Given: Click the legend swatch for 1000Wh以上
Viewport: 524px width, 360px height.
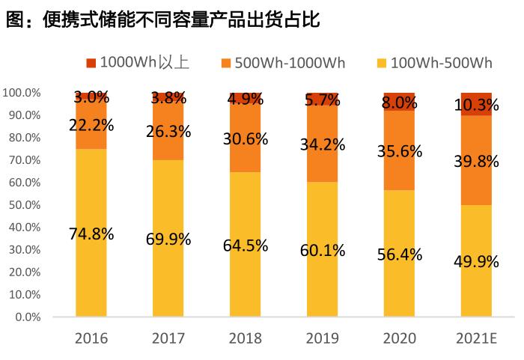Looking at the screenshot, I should tap(91, 62).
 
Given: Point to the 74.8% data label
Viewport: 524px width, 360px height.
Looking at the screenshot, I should tap(91, 234).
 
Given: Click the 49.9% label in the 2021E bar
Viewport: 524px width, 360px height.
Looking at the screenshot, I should tap(476, 260).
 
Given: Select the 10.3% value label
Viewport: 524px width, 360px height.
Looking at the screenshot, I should tap(476, 106).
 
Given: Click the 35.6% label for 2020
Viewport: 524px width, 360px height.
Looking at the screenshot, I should tap(399, 151).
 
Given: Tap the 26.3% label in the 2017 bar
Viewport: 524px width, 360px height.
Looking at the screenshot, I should tap(168, 132).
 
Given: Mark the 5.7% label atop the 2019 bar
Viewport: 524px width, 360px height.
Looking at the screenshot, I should tap(323, 99).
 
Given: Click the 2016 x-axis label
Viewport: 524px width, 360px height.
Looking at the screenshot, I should tap(91, 338).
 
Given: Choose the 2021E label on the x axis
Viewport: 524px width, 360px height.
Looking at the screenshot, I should tap(476, 338).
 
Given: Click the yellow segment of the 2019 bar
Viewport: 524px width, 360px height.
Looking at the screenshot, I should tap(323, 284).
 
